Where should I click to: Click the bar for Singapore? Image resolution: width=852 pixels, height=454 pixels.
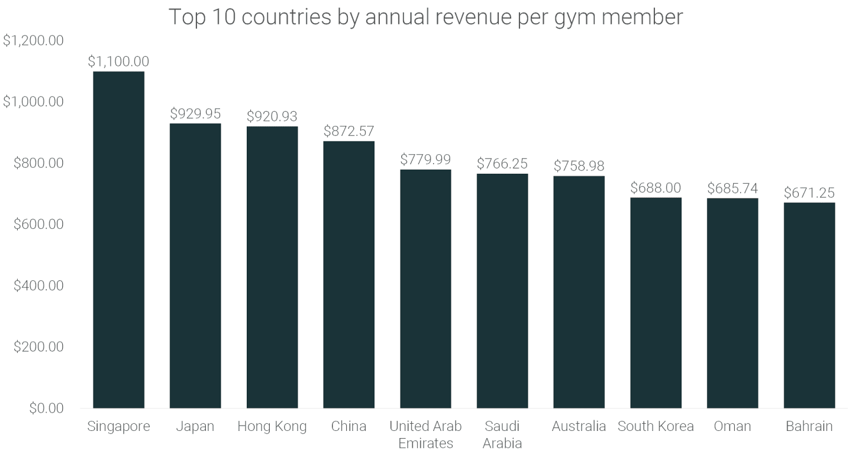118,239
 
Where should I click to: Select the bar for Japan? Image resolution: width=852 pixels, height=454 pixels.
195,265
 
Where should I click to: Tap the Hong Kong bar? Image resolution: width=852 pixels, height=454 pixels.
272,267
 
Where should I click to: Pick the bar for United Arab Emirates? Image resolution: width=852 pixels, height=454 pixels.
425,288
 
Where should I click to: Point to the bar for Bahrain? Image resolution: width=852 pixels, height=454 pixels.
809,305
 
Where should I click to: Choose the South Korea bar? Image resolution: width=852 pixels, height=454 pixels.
656,303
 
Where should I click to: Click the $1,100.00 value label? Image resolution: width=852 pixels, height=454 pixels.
118,61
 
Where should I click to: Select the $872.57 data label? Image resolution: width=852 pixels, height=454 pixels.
348,131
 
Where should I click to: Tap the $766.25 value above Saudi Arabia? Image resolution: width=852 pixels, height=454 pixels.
502,164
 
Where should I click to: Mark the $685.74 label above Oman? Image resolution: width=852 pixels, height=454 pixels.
732,189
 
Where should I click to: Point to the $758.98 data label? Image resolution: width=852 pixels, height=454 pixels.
579,166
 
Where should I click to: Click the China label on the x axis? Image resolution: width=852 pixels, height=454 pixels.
348,426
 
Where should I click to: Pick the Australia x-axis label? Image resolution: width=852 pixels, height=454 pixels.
579,426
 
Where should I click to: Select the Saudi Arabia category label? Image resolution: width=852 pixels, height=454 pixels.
502,434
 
